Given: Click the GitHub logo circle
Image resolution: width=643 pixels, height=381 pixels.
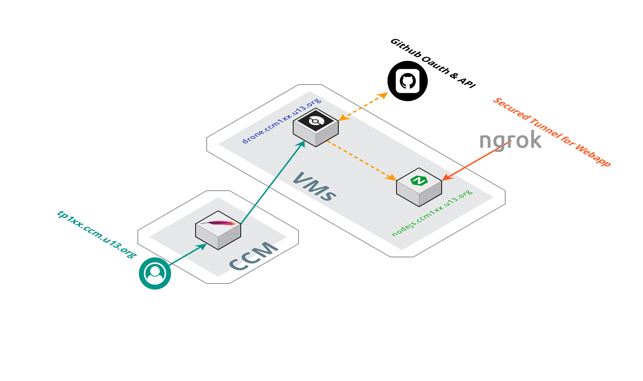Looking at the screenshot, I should coord(407,81).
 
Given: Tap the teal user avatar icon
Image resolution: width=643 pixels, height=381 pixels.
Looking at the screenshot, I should coord(155,273).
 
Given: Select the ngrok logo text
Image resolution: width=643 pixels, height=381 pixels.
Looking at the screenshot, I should coord(510,140).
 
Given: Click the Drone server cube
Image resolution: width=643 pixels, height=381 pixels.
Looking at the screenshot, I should coord(316,128).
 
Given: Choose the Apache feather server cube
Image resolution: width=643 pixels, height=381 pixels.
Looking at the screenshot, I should coord(218,230).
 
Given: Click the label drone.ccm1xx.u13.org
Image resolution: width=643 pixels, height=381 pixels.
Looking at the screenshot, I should coord(281,120).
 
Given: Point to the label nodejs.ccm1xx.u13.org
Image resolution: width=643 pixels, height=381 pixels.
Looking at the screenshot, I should coord(432,213).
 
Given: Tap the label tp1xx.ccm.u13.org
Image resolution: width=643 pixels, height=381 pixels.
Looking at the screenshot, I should coord(97,234).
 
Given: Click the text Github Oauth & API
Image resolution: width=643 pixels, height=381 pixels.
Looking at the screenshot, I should coord(433,63).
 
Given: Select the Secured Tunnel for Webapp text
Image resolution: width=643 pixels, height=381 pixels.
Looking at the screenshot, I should coord(552,132).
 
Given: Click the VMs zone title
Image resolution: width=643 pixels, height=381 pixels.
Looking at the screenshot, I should coord(314,187).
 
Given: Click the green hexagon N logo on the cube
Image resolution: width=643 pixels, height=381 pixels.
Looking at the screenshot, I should coord(419,181).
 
